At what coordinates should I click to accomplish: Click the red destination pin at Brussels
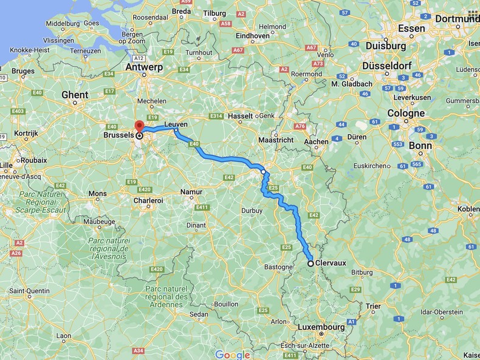(139, 125)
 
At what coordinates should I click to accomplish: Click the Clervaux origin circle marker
(310, 263)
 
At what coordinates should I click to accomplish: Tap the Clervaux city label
(332, 263)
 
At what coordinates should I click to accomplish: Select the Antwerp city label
(144, 67)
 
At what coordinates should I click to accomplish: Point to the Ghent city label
(75, 95)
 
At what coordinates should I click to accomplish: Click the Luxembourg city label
(321, 327)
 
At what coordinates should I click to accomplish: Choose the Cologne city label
(406, 114)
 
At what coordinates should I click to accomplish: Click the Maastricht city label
(275, 140)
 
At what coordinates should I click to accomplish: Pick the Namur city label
(191, 192)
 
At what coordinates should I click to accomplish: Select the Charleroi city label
(148, 200)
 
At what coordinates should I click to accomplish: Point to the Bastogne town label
(279, 267)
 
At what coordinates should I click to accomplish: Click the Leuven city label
(176, 123)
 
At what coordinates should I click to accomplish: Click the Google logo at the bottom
(232, 355)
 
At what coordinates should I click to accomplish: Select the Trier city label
(373, 306)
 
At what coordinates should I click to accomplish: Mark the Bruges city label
(23, 71)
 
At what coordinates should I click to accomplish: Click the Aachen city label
(316, 141)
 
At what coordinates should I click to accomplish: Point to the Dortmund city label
(458, 19)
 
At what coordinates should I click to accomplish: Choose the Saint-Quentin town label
(29, 291)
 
